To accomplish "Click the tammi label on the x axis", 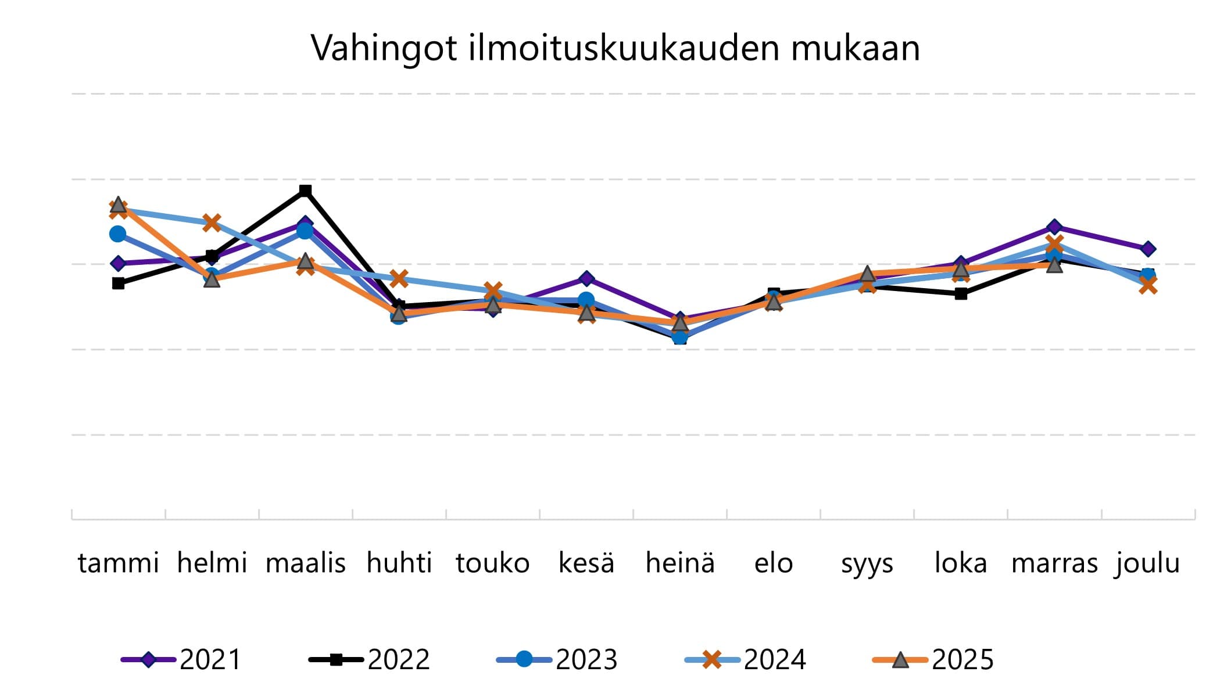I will (x=118, y=563).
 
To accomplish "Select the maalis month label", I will (x=305, y=563).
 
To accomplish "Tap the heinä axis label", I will (x=680, y=563).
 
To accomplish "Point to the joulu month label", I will (x=1147, y=563).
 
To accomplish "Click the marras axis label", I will (x=1054, y=563).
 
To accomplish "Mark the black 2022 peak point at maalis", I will (x=305, y=191).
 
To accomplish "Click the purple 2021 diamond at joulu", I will (x=1148, y=249).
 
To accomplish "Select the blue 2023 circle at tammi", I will (x=118, y=234).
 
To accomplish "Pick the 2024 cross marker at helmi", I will (x=212, y=222).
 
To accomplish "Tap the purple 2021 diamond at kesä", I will (x=586, y=279).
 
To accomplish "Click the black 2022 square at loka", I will (x=961, y=294).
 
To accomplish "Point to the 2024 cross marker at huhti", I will (x=399, y=279).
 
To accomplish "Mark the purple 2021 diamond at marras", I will (x=1054, y=227).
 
